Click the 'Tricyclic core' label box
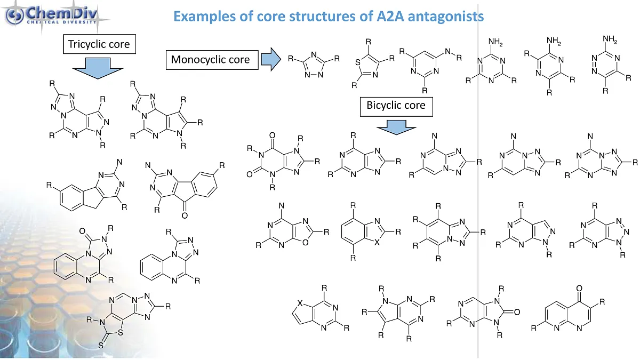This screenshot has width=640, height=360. pyautogui.click(x=99, y=44)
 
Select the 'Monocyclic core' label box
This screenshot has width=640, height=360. pyautogui.click(x=210, y=59)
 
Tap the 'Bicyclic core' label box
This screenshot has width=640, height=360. pyautogui.click(x=396, y=105)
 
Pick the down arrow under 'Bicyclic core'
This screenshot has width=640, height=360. pyautogui.click(x=396, y=127)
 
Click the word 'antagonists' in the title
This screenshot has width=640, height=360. pyautogui.click(x=441, y=16)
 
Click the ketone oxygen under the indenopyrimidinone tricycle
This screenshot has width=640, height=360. pyautogui.click(x=185, y=215)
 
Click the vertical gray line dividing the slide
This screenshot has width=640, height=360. pyautogui.click(x=478, y=213)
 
